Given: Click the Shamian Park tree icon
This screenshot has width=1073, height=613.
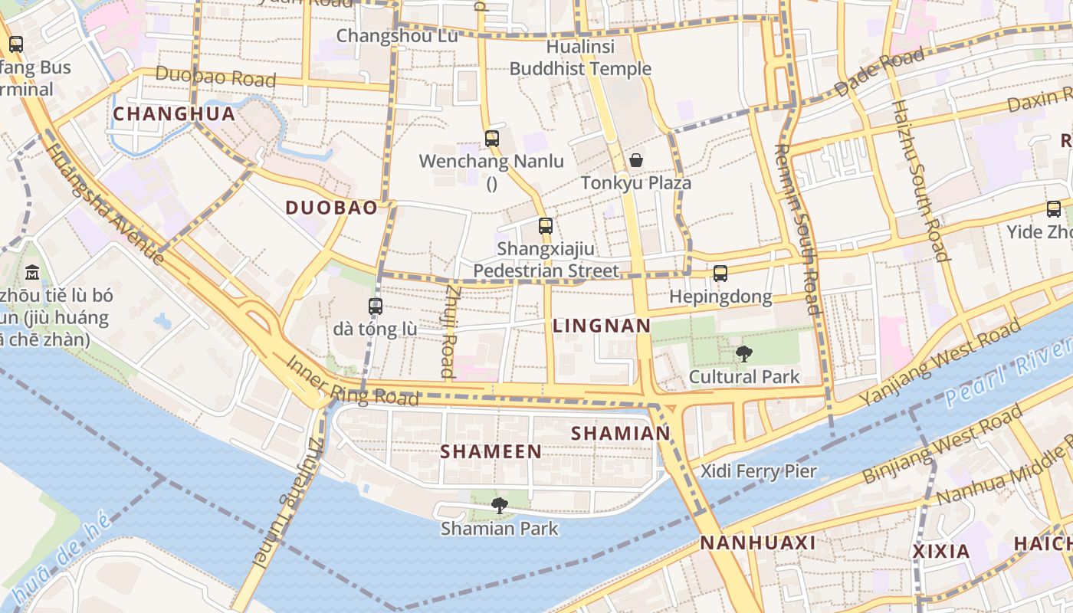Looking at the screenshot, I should [x=500, y=505].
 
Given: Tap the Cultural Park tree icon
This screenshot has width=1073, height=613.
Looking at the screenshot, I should [x=743, y=353].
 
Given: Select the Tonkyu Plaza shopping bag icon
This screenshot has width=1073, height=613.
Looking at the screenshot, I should [x=635, y=160].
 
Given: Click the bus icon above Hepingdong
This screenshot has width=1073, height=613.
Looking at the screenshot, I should [x=720, y=273].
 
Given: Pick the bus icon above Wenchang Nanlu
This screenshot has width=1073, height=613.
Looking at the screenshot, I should [x=492, y=139].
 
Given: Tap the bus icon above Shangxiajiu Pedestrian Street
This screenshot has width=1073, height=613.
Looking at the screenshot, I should [x=545, y=225].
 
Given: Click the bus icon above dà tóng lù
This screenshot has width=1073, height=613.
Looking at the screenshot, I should [x=375, y=306].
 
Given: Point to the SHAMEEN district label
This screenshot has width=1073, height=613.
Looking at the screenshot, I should [x=491, y=451].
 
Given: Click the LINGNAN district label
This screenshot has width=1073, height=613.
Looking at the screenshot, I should [x=602, y=326].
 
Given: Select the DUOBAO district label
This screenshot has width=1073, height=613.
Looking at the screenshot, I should [x=331, y=208].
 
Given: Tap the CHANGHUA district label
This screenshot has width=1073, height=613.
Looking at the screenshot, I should [x=174, y=114].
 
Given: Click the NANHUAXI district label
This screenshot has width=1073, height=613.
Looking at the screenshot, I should [x=757, y=543].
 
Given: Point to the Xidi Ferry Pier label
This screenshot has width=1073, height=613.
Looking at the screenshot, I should [x=759, y=470].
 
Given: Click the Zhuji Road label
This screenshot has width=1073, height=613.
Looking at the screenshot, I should [x=449, y=332].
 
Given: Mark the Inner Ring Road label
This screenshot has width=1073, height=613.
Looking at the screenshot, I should [x=353, y=381].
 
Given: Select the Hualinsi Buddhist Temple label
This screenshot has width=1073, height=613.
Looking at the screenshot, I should [x=580, y=57].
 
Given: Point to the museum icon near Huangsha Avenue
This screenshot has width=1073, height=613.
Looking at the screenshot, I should [x=33, y=272].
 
